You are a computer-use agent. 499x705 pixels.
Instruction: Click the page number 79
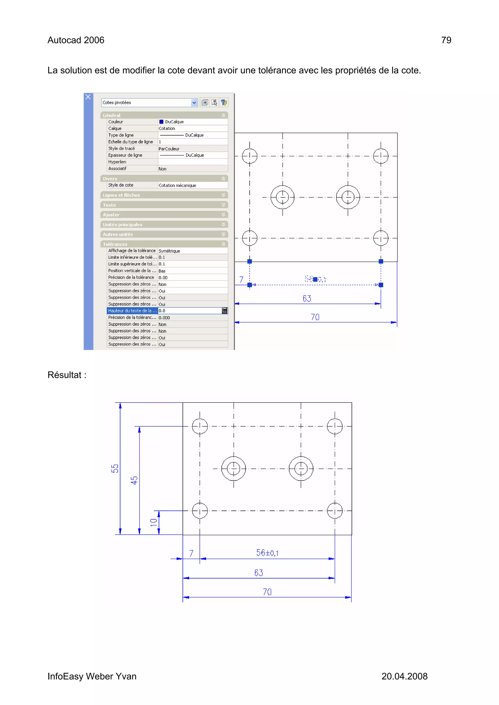pos(446,40)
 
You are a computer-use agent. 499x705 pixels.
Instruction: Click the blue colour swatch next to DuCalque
pos(161,122)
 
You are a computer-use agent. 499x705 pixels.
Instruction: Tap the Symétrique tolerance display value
pos(169,251)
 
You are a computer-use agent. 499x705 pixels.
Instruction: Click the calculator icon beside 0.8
pos(224,311)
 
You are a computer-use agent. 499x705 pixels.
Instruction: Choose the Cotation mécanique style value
pos(177,185)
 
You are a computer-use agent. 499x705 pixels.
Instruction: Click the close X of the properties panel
pos(88,97)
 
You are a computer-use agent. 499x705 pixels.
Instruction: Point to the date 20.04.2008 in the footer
pos(404,677)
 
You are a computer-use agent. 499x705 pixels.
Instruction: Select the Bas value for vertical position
pos(162,271)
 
